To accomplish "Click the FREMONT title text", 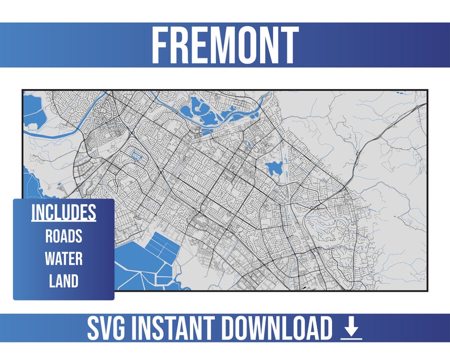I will pos(224,45).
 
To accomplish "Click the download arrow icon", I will pos(351,328).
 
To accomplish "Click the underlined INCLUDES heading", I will pos(63,213).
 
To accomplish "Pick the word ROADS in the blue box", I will pos(63,236).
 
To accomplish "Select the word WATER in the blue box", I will pos(63,259).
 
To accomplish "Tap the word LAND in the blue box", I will pos(63,281).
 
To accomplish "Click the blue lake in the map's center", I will pos(274,168).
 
